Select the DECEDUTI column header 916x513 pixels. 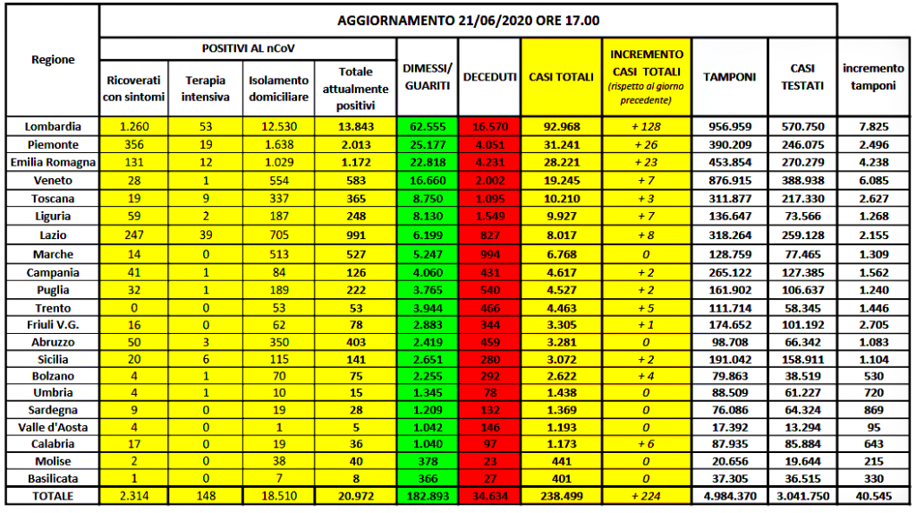click(489, 77)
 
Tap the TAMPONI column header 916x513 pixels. click(729, 77)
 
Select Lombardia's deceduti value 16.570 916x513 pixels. click(489, 126)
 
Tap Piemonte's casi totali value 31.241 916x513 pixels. click(561, 144)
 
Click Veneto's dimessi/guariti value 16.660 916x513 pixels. click(425, 180)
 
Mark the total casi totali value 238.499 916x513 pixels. click(561, 494)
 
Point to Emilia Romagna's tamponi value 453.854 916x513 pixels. click(729, 162)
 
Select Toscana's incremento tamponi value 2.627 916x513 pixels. click(873, 199)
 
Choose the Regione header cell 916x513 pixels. click(54, 60)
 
